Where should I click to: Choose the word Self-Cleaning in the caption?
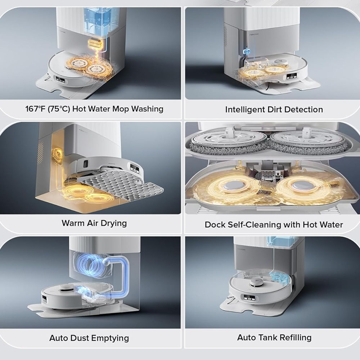pos(254,225)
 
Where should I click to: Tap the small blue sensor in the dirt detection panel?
pos(247,51)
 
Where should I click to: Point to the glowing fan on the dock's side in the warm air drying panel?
pos(57,154)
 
